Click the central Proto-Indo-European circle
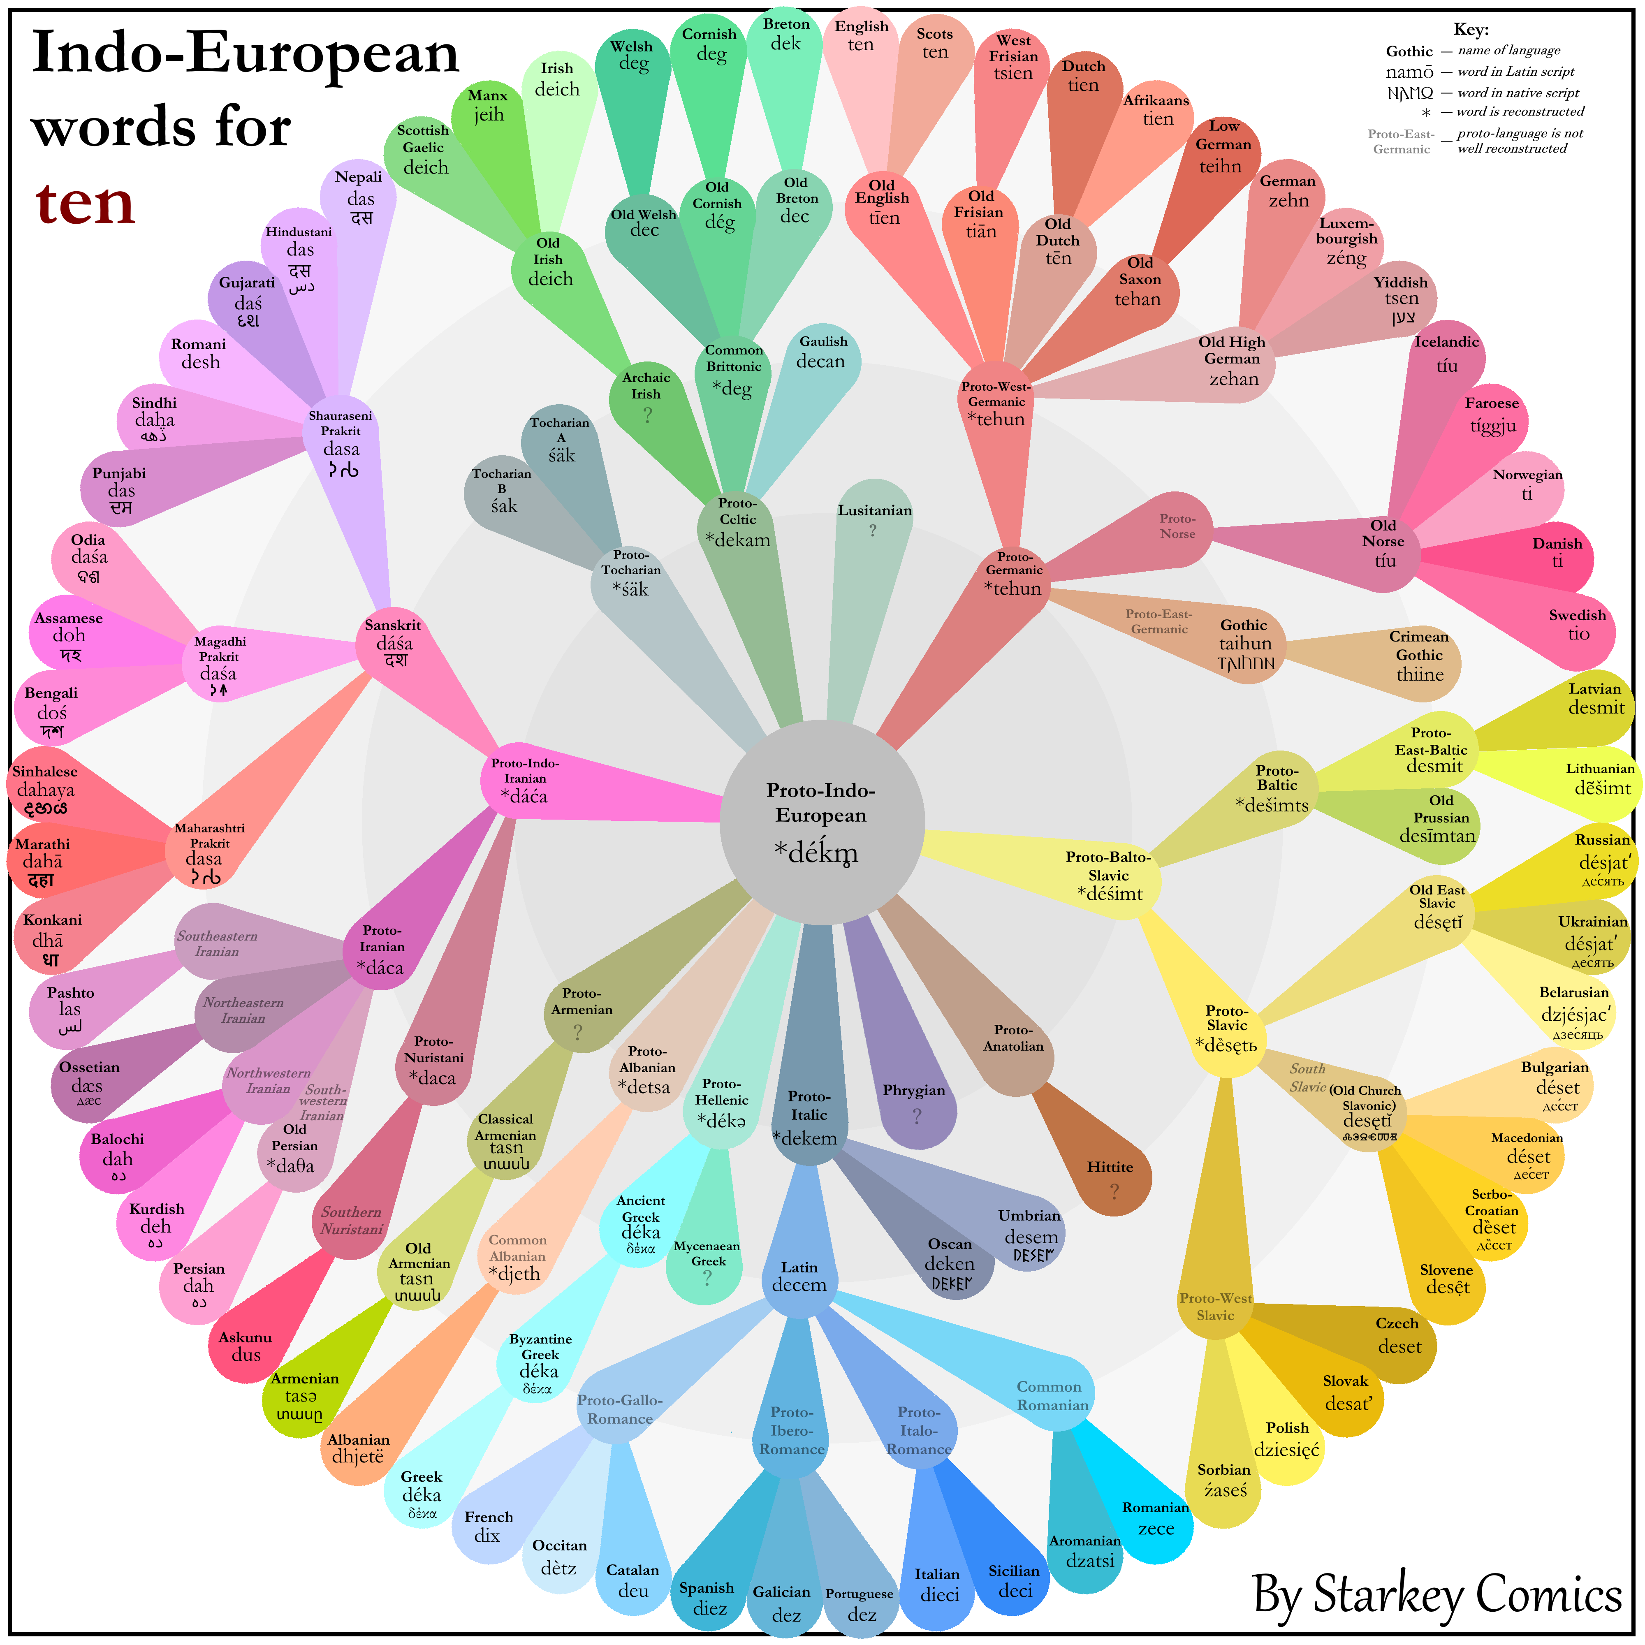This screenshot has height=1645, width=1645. click(822, 822)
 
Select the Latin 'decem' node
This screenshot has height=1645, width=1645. click(799, 1277)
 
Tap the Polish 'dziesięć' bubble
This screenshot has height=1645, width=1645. click(1286, 1439)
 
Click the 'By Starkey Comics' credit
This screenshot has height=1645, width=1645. click(1437, 1593)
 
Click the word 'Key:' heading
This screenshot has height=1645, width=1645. click(1471, 30)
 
